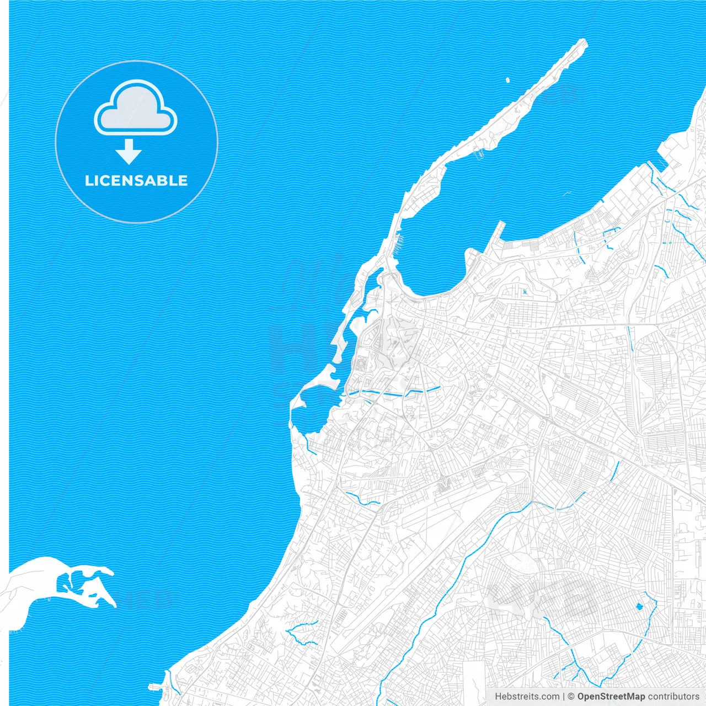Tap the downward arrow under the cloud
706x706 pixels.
129,152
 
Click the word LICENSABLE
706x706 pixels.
136,180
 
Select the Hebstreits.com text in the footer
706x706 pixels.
527,697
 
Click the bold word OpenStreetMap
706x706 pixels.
611,697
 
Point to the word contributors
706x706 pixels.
673,697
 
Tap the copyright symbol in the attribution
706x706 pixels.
571,697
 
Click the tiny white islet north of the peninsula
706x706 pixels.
507,81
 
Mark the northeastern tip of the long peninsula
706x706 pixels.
584,42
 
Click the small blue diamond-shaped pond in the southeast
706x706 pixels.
640,607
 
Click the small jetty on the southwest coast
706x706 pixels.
156,686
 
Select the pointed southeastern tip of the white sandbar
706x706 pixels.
114,606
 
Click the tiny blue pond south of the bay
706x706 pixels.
525,291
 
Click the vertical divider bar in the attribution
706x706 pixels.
564,697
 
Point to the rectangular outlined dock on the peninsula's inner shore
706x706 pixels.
479,154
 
